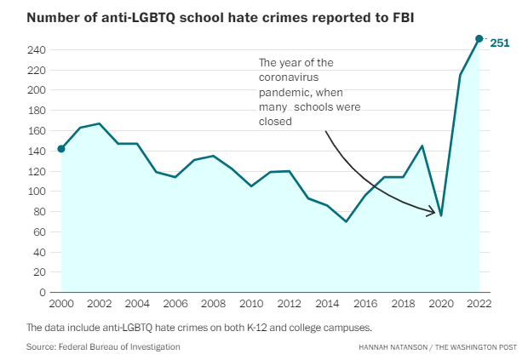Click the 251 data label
pos(498,42)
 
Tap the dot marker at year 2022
pos(479,38)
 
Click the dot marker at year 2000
pos(61,149)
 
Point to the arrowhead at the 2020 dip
pos(436,212)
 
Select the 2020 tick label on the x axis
pos(441,303)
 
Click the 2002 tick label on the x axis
pos(99,303)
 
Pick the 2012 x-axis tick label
pos(289,303)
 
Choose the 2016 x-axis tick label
pos(365,303)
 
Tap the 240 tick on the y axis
pos(37,50)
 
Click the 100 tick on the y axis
pos(37,191)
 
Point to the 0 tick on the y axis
pos(43,293)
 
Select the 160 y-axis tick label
pos(37,131)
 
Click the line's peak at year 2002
pos(100,123)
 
